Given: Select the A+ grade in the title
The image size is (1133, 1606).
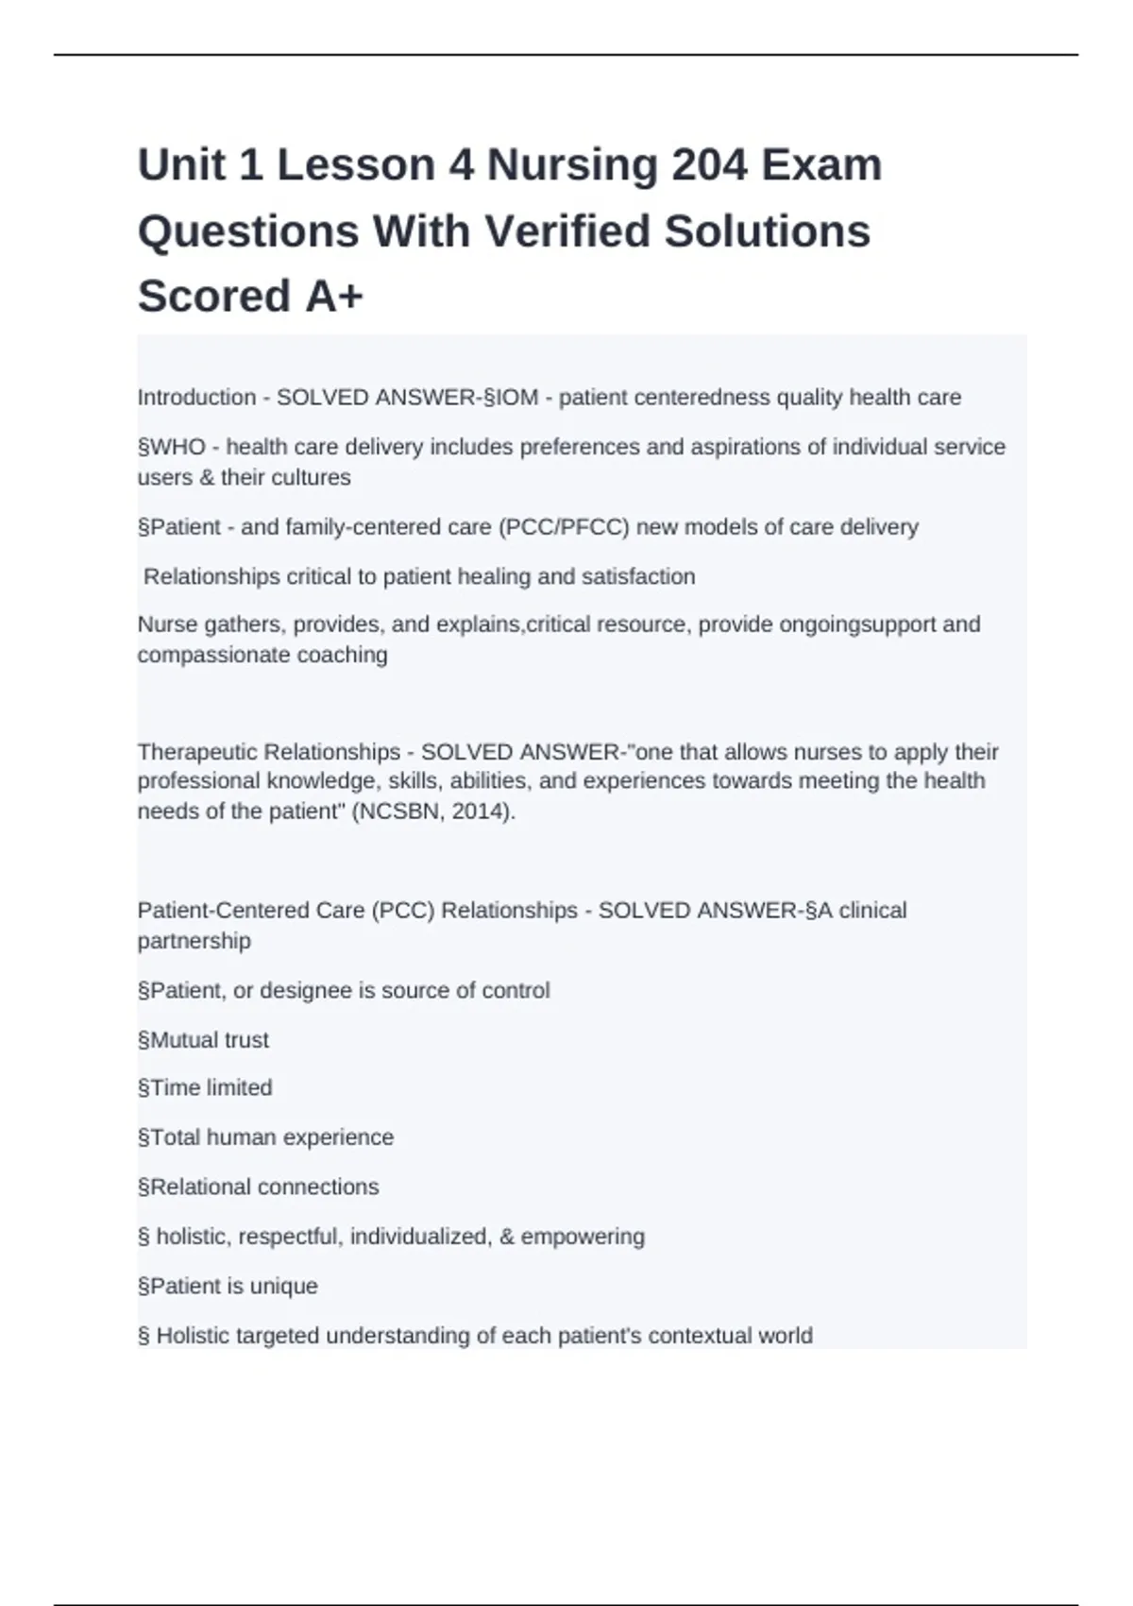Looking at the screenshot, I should click(334, 297).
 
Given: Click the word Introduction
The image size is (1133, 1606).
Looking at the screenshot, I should click(196, 398).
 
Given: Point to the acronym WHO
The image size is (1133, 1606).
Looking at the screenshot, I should click(178, 447).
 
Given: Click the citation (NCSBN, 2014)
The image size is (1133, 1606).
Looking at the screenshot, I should click(433, 812).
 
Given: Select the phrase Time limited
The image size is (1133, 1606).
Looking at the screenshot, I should click(211, 1088).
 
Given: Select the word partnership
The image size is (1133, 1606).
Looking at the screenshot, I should click(194, 941).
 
